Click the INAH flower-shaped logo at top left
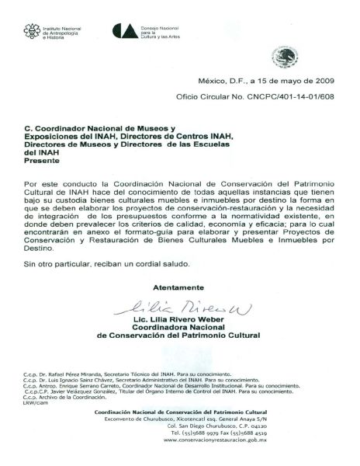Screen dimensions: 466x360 tap(31, 30)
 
